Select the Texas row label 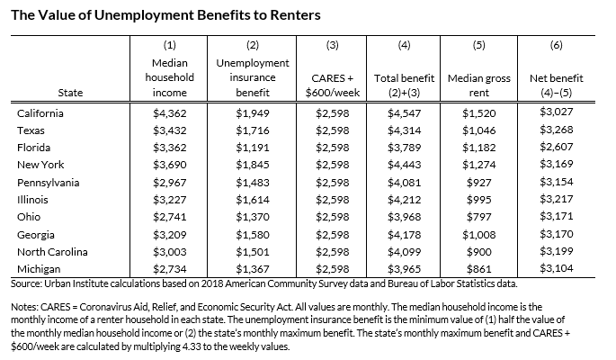tap(31, 130)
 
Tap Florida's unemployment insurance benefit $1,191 tap(253, 148)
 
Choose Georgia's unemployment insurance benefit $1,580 tap(253, 233)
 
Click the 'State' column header tap(70, 93)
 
